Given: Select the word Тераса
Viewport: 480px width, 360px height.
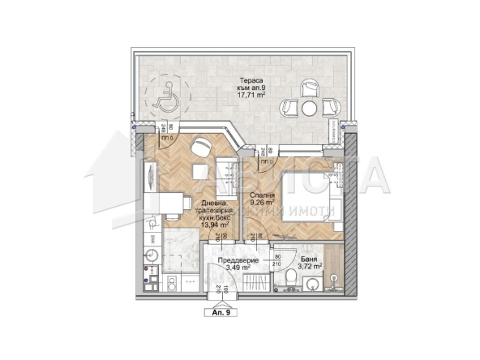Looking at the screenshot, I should coord(250,79).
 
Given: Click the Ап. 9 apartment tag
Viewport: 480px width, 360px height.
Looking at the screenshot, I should coord(221,311).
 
